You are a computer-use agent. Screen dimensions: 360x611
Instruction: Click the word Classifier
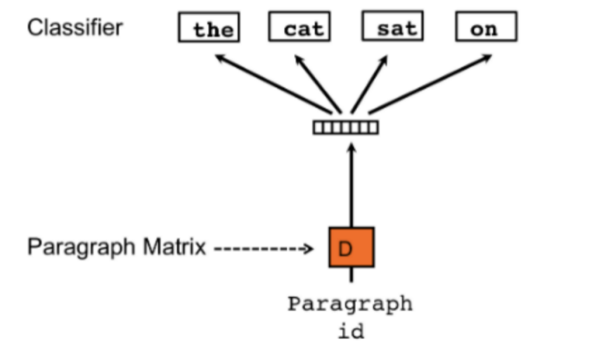(75, 28)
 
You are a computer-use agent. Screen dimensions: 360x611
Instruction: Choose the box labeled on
(485, 29)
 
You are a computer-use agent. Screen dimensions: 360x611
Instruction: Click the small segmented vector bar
(345, 127)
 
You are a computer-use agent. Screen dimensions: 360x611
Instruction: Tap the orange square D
(351, 247)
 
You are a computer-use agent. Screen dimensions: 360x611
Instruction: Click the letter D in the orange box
(345, 248)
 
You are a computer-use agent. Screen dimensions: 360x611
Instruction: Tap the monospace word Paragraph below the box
(350, 304)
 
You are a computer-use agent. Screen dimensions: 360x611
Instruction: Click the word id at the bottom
(350, 330)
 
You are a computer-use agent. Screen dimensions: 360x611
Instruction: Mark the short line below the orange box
(351, 275)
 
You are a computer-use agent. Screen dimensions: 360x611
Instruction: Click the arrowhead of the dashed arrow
(308, 249)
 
